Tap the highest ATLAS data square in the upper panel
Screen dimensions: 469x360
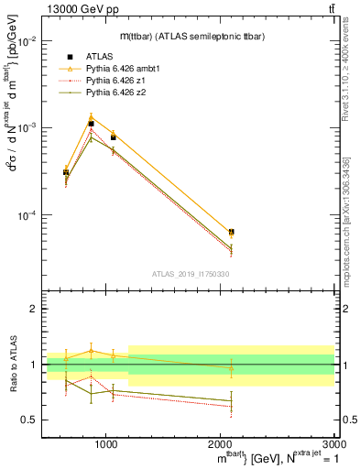91,123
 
